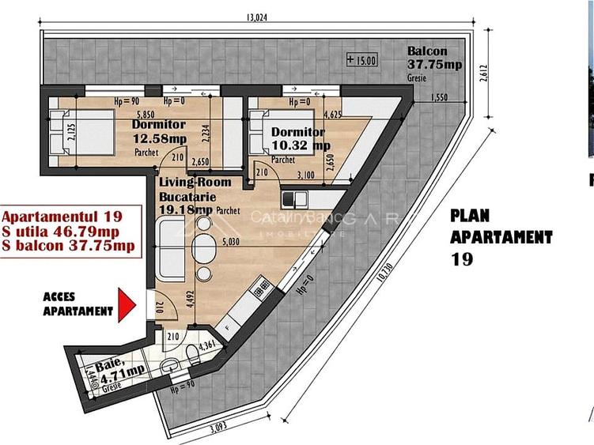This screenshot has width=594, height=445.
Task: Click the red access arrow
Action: [x=126, y=305]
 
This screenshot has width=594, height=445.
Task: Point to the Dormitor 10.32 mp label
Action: [x=299, y=138]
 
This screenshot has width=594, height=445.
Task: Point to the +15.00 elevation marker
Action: [x=362, y=59]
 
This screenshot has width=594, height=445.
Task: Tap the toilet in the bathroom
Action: [x=192, y=352]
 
